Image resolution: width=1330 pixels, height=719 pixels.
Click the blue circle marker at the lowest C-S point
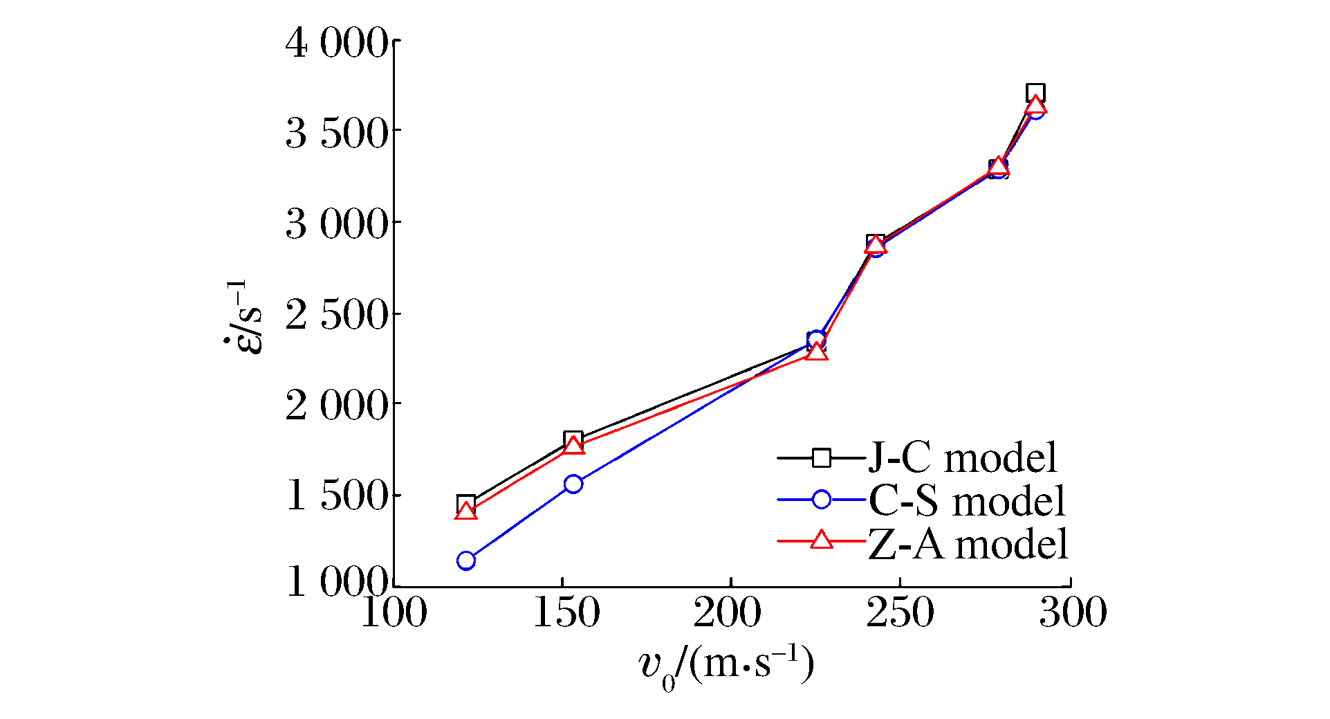tap(466, 561)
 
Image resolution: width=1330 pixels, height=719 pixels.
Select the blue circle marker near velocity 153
tap(573, 484)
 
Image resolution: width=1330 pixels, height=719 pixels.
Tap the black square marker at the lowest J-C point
tap(466, 504)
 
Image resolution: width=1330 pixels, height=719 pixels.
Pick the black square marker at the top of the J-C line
tap(1035, 93)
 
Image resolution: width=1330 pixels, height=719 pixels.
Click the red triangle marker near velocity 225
tap(817, 352)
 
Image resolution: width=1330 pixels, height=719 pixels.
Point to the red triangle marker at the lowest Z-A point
tap(466, 512)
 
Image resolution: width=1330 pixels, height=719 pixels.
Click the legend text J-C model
tap(962, 457)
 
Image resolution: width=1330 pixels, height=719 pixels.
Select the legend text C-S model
tap(966, 500)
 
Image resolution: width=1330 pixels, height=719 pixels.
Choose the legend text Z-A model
tap(968, 544)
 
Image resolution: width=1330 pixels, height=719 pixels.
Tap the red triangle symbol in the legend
tap(821, 540)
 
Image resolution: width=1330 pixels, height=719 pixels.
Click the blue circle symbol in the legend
tap(821, 499)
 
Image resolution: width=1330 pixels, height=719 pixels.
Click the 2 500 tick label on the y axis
tap(336, 315)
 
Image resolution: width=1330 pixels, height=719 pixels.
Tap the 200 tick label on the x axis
tap(728, 613)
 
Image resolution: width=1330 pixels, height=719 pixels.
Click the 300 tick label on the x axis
tap(1072, 613)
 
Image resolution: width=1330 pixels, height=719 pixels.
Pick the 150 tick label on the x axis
tap(566, 613)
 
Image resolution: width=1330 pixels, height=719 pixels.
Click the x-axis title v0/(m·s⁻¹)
tap(726, 666)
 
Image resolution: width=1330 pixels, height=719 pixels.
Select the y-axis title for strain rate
tap(244, 317)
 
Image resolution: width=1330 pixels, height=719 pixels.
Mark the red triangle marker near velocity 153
tap(573, 446)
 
